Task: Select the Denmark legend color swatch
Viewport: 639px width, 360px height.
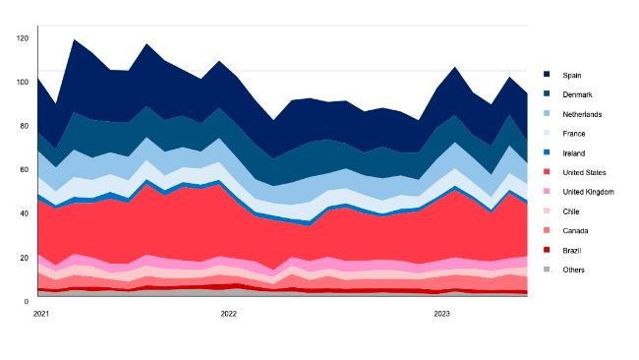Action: [x=547, y=94]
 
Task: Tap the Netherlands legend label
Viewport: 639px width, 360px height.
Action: [x=580, y=114]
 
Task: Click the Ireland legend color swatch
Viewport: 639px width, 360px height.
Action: [x=547, y=152]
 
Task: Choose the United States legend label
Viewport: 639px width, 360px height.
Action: [x=583, y=172]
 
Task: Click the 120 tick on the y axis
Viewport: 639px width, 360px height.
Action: [x=23, y=37]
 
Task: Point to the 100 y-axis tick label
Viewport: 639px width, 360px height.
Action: [x=23, y=82]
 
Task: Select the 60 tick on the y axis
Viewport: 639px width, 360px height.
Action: [x=25, y=169]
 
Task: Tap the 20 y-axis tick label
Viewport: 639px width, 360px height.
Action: [x=25, y=257]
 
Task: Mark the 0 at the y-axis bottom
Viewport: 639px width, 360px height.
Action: [x=28, y=301]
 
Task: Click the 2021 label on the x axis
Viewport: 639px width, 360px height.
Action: [x=41, y=314]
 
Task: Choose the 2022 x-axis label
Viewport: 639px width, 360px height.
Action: [x=228, y=314]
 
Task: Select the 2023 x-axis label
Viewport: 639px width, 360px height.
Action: [x=442, y=314]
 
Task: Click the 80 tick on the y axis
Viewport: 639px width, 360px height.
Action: [x=25, y=126]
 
